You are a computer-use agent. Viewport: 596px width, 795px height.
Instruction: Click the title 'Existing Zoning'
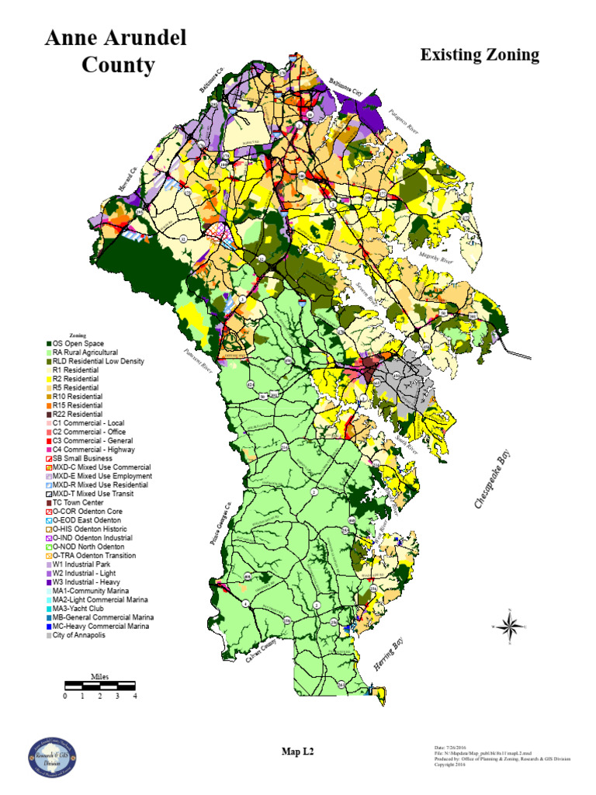pyautogui.click(x=479, y=55)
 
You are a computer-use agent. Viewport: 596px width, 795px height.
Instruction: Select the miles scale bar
pyautogui.click(x=100, y=685)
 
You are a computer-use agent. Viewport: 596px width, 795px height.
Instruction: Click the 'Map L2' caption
pyautogui.click(x=297, y=751)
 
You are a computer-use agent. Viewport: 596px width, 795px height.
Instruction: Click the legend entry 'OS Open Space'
pyautogui.click(x=78, y=343)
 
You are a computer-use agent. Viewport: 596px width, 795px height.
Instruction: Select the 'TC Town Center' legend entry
pyautogui.click(x=82, y=502)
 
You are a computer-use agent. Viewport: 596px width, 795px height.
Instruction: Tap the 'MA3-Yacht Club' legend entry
pyautogui.click(x=84, y=609)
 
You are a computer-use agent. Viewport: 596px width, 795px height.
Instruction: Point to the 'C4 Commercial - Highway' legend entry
pyautogui.click(x=93, y=449)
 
